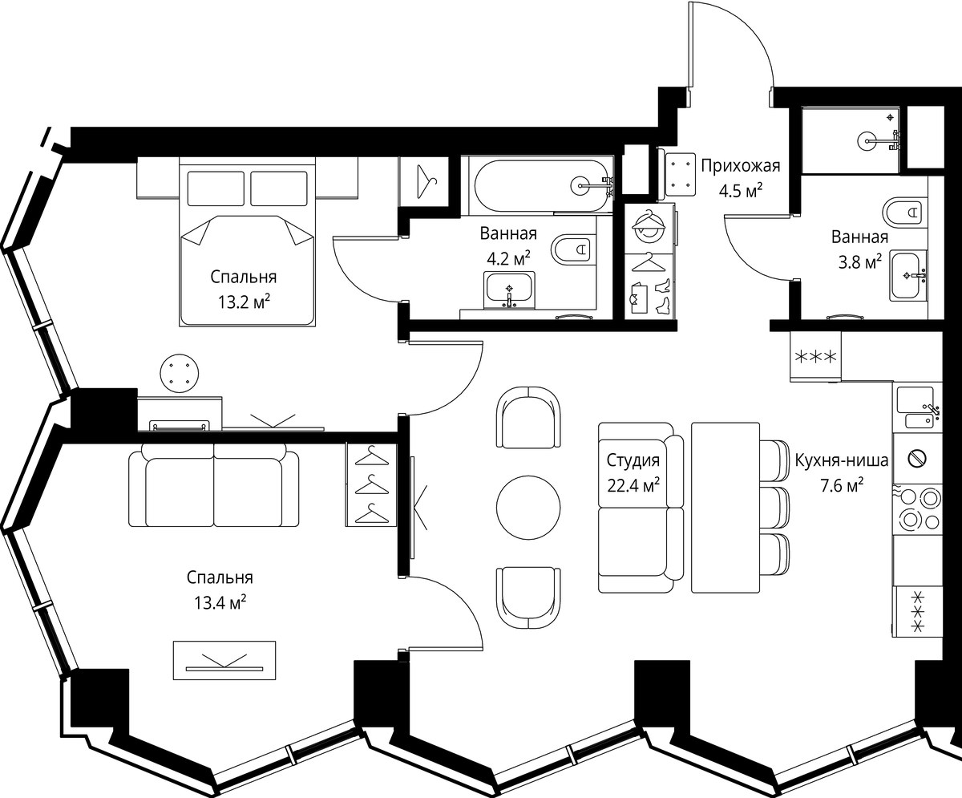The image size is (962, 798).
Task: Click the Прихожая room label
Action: click(741, 165)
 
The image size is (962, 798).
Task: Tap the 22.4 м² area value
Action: click(633, 485)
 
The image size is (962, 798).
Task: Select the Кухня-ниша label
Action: click(842, 460)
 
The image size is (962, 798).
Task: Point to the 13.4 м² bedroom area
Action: click(220, 602)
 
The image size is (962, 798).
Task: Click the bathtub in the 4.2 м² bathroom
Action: click(544, 186)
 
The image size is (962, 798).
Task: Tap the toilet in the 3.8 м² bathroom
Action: click(904, 212)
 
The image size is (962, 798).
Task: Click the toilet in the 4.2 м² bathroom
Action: click(572, 249)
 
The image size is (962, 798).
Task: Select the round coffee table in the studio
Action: click(528, 508)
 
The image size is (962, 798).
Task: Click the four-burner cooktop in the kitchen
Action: click(917, 509)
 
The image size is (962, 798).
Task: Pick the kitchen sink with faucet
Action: click(917, 407)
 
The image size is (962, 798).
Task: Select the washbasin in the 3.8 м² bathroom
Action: click(907, 276)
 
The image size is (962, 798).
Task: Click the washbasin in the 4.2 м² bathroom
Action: click(509, 290)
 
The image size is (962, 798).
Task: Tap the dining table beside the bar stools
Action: click(726, 508)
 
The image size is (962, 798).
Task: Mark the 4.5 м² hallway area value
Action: click(741, 190)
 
